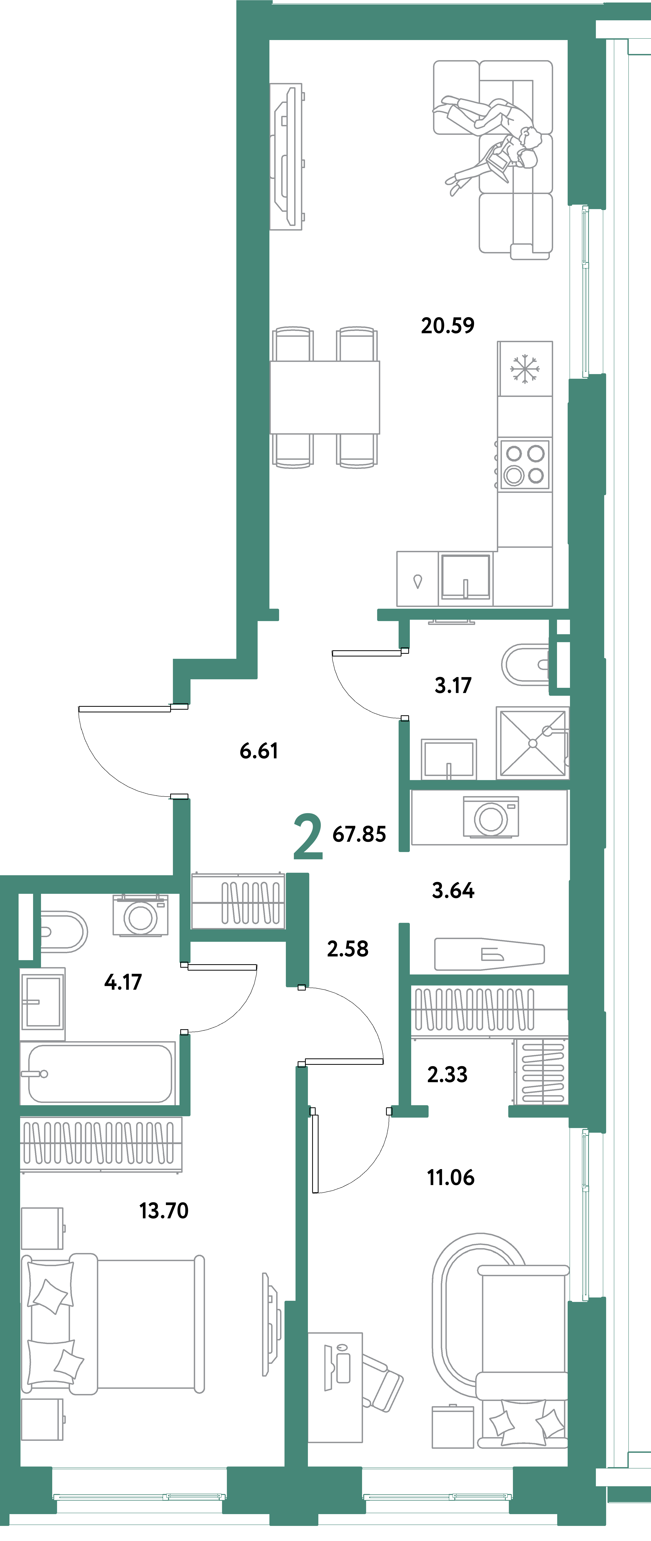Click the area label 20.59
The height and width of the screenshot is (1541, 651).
click(x=448, y=325)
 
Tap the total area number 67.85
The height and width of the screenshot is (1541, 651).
click(x=359, y=834)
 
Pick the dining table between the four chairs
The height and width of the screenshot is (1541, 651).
click(x=325, y=397)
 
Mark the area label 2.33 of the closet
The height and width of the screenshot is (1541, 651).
click(x=447, y=1074)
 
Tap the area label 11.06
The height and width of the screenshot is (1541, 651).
click(x=451, y=1177)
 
